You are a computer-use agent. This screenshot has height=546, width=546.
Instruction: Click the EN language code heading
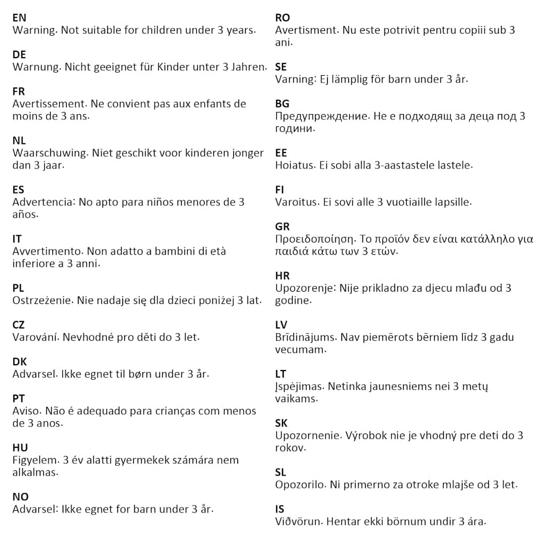pos(19,18)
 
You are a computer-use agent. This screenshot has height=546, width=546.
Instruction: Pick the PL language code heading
pos(18,288)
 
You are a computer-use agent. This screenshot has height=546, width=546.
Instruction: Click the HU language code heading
pos(20,447)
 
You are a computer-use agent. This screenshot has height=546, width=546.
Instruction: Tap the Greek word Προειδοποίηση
pos(315,239)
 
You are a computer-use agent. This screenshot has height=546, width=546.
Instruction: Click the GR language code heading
pos(283,227)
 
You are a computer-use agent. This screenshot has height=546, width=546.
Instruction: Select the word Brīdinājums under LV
pos(304,337)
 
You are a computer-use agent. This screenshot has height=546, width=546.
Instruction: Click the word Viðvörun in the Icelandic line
pos(298,521)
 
